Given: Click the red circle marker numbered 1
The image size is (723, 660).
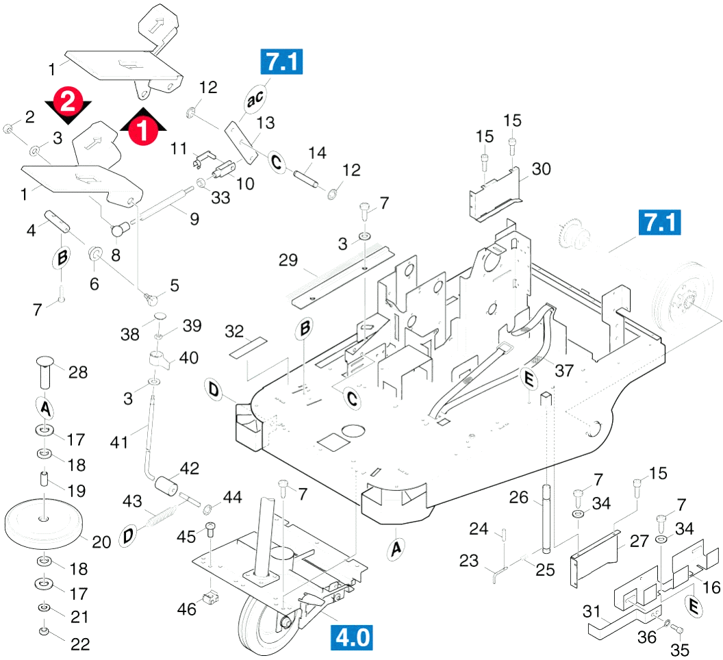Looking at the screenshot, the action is pos(143,129).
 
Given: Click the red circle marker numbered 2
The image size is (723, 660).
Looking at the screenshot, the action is pos(68,101).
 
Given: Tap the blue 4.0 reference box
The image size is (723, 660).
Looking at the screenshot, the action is pos(352,637).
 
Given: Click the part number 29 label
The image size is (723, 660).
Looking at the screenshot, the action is pos(288,260).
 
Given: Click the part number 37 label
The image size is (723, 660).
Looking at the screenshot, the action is pos(564,370).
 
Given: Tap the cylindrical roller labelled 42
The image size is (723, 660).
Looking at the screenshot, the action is pos(166,486).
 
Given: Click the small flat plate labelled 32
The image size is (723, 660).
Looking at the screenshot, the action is pos(249,347).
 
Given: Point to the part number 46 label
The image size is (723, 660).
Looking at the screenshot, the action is pos(187,609).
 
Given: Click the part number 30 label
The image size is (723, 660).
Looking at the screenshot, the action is pos(542,169).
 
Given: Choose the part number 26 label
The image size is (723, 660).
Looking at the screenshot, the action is pos(519,497).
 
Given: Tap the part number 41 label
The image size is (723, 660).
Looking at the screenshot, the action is pos(119,442).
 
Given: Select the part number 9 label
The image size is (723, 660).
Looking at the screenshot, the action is pos(194,219).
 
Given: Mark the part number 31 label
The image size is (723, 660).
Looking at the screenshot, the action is pos(592,611).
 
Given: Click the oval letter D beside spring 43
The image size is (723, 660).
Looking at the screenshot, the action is pos(128,536).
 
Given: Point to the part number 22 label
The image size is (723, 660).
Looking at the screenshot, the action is pos(80,644).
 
